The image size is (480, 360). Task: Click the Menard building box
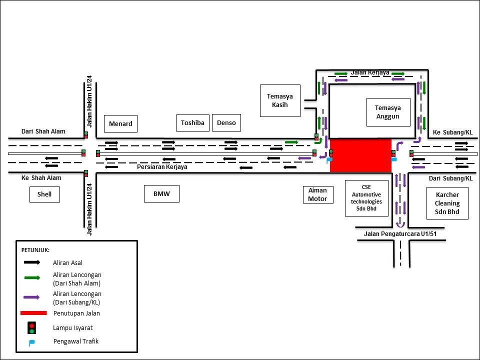120,123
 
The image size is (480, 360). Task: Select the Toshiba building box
192,122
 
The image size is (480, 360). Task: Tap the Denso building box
226,122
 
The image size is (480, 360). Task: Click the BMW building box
161,194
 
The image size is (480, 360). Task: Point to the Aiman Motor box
317,194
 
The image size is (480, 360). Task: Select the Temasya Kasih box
280,100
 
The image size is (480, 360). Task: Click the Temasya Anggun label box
388,112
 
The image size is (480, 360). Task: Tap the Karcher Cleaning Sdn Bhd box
447,203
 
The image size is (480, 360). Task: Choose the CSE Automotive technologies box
366,198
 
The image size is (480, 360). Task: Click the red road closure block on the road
360,155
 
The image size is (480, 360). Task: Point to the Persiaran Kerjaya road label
162,167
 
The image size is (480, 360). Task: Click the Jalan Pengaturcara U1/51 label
397,233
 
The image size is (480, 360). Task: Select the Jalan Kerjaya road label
370,72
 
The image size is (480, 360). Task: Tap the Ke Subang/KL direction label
452,132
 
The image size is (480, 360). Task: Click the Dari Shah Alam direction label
43,131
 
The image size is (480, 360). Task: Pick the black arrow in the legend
31,262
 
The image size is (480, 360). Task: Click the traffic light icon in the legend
31,328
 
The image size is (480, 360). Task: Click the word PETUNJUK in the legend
35,249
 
